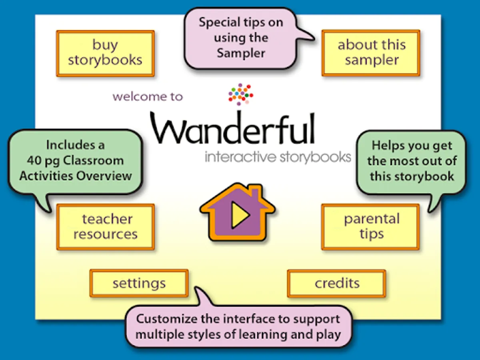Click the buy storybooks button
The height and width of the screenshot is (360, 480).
[106, 54]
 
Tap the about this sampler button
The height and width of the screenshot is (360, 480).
[371, 53]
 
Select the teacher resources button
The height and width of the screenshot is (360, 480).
[106, 227]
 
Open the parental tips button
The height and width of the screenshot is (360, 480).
[371, 227]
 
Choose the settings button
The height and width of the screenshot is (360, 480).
[139, 283]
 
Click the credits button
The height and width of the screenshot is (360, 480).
[337, 284]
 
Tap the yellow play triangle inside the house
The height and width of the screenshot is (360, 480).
[240, 215]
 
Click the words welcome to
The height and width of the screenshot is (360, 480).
[148, 97]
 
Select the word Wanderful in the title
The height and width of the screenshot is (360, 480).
[233, 128]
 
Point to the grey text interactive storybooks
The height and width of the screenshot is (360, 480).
[278, 157]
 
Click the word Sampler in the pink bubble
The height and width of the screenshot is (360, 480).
[241, 53]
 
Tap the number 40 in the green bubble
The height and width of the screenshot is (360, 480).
[34, 161]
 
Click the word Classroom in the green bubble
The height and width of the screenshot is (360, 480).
[93, 161]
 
